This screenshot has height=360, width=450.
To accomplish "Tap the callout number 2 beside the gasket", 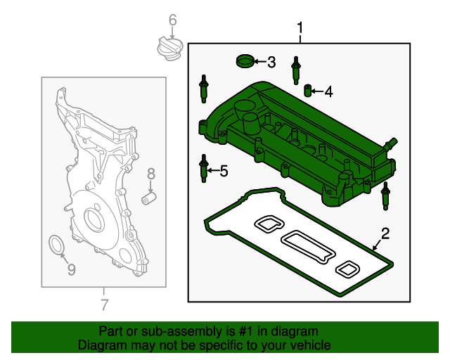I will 385,233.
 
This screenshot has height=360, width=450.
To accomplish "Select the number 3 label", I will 271,63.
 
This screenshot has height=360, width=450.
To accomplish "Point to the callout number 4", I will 328,91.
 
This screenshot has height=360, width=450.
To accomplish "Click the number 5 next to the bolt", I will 224,170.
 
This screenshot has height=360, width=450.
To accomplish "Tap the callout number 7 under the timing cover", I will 104,304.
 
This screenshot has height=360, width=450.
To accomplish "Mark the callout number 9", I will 70,269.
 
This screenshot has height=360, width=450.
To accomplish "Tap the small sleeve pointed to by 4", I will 307,91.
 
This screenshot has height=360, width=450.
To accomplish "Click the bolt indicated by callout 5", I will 204,169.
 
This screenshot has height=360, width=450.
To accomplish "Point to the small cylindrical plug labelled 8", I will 148,199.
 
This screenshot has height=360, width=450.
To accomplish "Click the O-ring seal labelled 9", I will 56,245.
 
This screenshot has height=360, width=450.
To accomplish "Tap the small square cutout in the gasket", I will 348,268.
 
